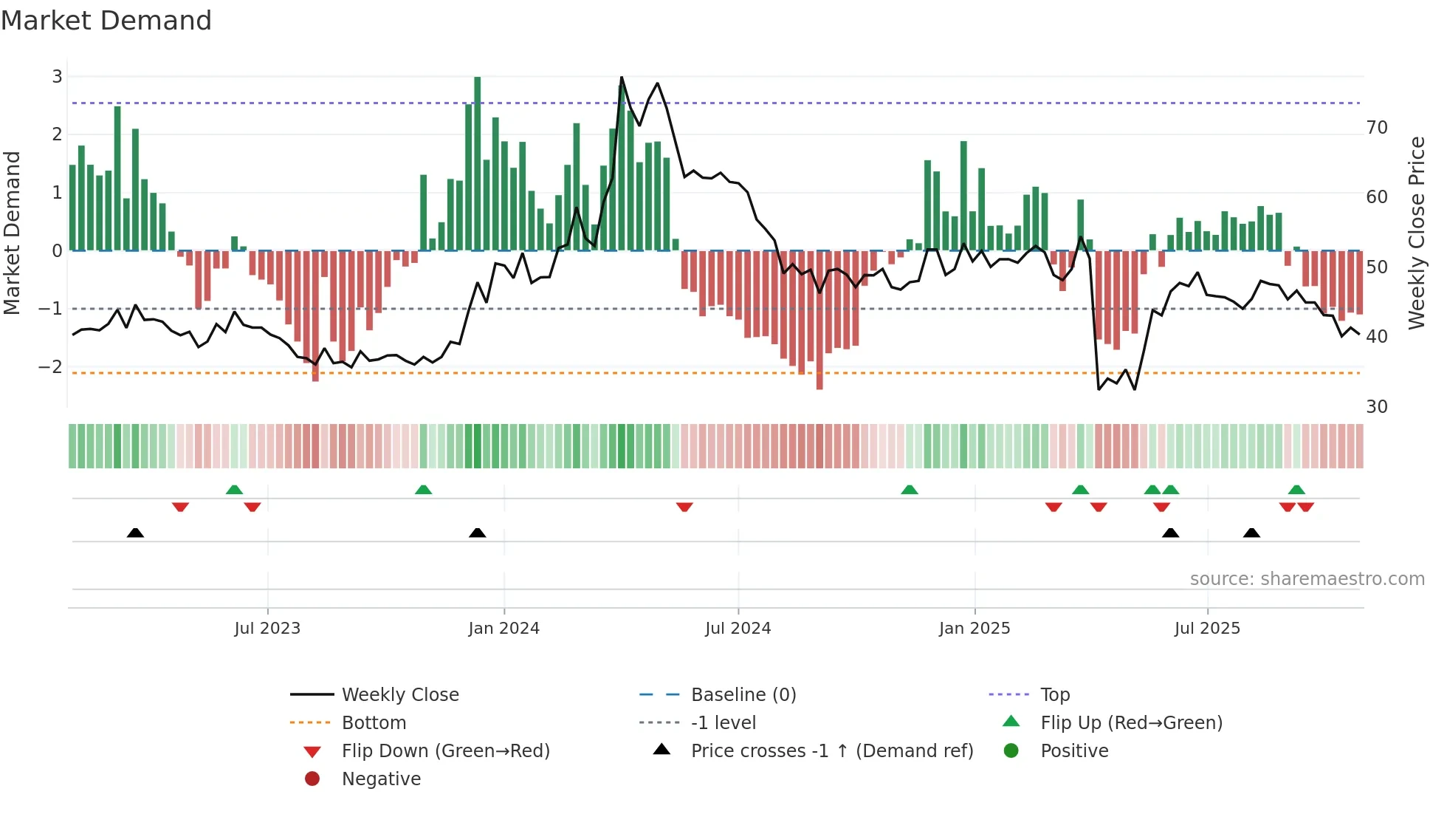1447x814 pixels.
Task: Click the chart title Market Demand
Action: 106,21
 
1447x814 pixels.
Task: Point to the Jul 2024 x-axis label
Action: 738,629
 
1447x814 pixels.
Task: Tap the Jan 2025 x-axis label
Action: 975,629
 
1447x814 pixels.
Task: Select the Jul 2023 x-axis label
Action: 267,629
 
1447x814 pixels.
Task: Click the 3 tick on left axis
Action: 57,77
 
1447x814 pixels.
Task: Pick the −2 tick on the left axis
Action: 51,367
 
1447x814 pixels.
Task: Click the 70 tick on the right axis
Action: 1377,128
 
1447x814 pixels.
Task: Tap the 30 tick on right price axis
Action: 1377,407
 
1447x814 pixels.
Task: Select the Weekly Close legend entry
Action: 399,695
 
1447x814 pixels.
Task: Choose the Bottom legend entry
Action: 374,723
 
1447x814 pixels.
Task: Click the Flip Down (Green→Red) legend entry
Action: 445,751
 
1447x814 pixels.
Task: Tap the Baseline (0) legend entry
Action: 743,695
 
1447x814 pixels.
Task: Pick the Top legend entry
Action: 1055,695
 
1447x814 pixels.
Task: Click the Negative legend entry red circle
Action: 312,779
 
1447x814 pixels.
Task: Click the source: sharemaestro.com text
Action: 1307,579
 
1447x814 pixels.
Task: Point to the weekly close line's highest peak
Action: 622,78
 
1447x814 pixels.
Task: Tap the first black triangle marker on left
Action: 135,533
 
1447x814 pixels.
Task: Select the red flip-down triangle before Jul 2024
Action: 684,507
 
